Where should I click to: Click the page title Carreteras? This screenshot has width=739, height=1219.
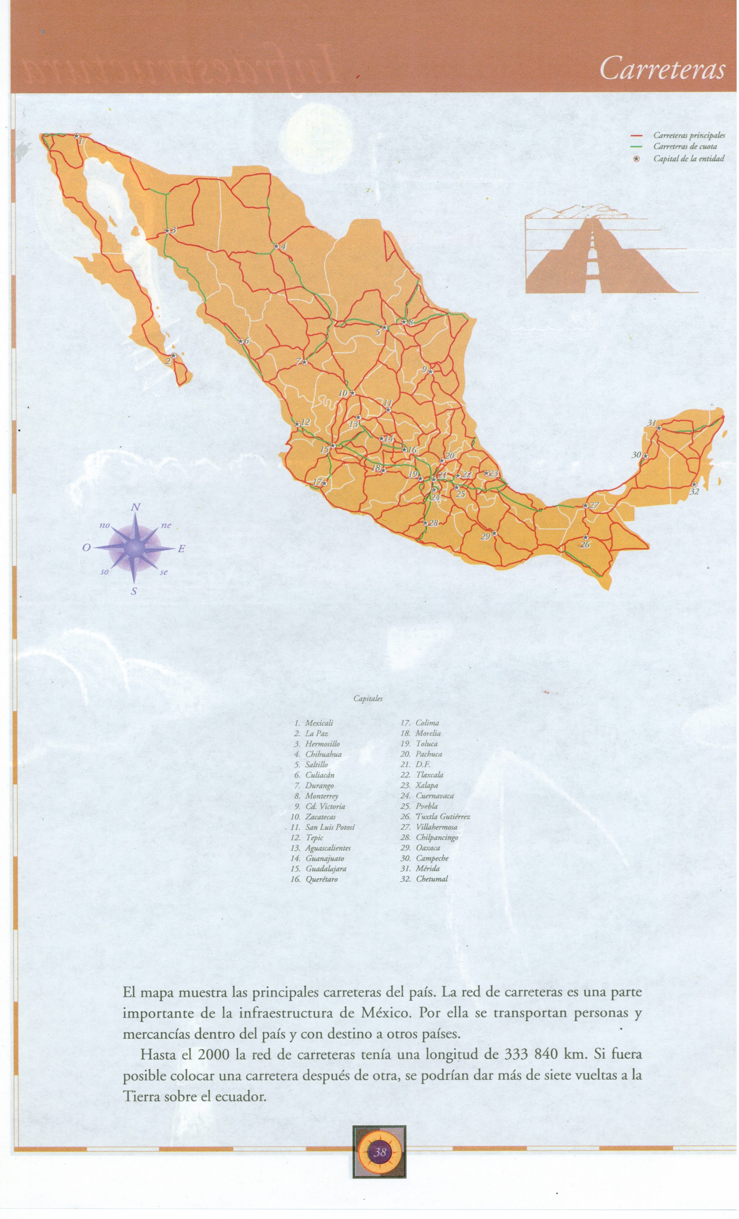click(x=662, y=69)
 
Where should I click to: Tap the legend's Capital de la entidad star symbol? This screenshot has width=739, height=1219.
click(x=637, y=159)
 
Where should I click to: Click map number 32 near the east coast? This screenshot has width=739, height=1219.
click(x=694, y=492)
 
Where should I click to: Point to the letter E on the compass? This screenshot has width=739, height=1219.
click(x=181, y=548)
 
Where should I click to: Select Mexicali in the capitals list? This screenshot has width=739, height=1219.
click(x=319, y=723)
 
